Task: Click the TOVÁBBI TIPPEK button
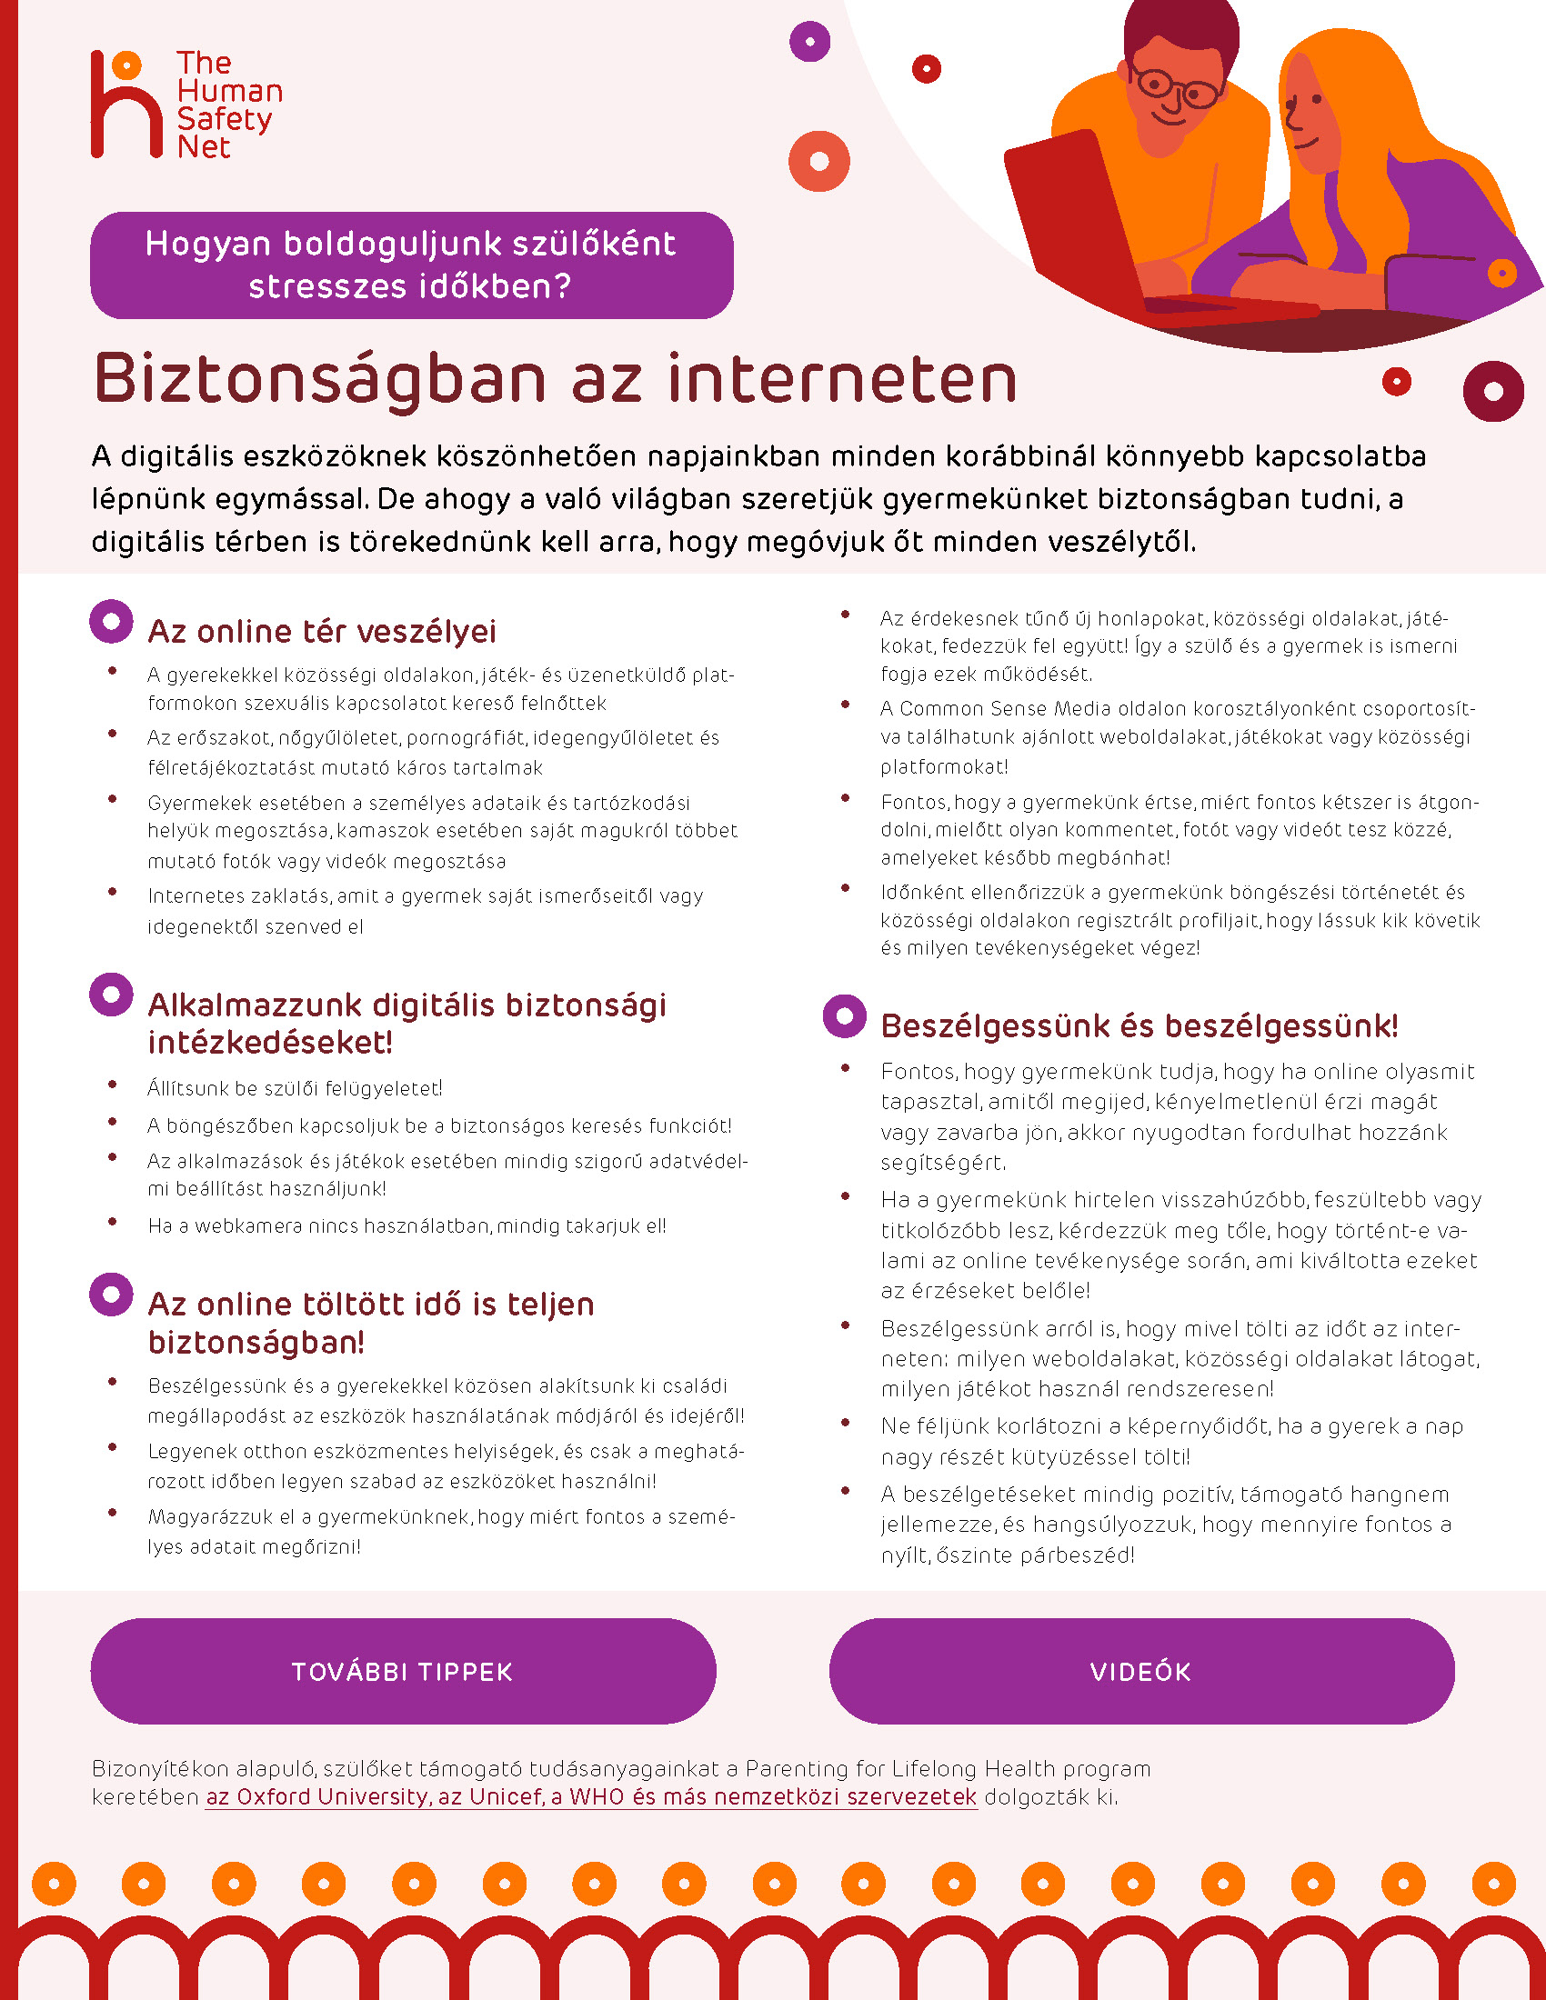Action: coord(403,1671)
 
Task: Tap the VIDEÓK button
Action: coord(1141,1671)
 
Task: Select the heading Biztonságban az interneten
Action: coord(555,379)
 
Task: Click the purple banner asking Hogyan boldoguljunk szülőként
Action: coord(411,265)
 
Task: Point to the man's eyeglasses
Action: coord(1175,89)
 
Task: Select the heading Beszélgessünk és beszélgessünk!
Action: coord(1139,1025)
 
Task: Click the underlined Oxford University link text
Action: coord(591,1796)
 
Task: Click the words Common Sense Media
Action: coord(973,708)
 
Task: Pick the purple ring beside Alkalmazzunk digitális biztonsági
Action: coord(112,995)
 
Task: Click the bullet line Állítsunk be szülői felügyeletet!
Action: coord(295,1088)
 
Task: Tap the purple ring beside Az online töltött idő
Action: coord(112,1295)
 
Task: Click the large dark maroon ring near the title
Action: coord(1493,391)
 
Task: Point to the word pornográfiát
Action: coord(470,737)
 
